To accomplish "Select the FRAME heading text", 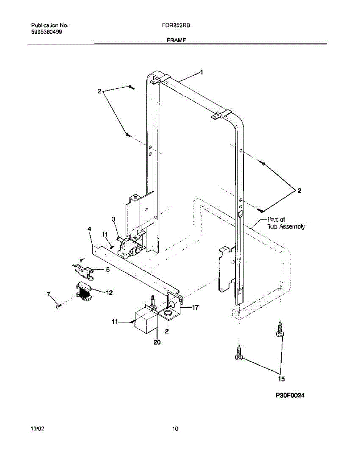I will (177, 40).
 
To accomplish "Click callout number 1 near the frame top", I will (201, 72).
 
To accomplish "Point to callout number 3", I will (114, 219).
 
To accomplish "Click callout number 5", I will (107, 269).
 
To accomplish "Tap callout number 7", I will (48, 294).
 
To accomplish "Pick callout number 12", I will (109, 293).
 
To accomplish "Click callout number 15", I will (281, 379).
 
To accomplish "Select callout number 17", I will (195, 307).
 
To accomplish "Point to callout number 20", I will (157, 342).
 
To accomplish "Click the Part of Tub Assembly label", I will (286, 223).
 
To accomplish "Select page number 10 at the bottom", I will (175, 429).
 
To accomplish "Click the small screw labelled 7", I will (58, 306).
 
